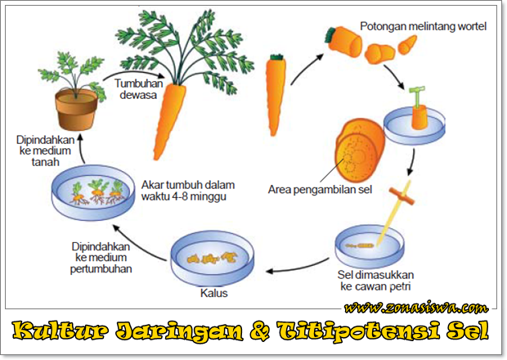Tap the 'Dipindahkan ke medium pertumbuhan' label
coord(101,256)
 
